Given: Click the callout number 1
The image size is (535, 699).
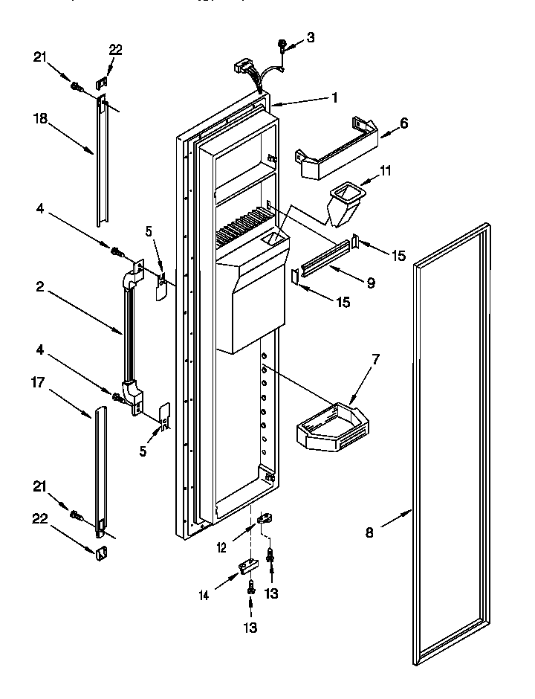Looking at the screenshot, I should (x=335, y=97).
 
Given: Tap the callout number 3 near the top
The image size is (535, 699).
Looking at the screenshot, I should (x=311, y=37).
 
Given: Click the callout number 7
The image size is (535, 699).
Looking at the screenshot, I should (x=376, y=361).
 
